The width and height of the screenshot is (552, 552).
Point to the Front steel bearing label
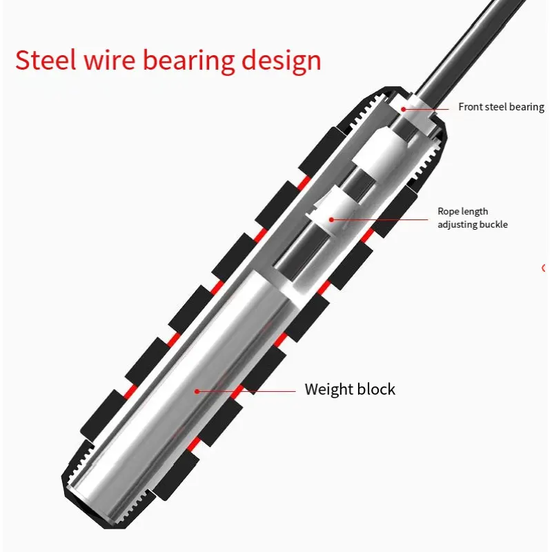(501, 107)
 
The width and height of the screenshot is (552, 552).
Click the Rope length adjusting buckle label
(473, 218)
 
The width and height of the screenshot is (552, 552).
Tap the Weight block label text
(350, 389)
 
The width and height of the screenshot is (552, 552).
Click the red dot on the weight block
(197, 391)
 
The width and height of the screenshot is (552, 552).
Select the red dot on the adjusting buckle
(331, 219)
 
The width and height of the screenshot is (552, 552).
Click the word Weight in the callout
(328, 389)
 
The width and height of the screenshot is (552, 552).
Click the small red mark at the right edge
(544, 268)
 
